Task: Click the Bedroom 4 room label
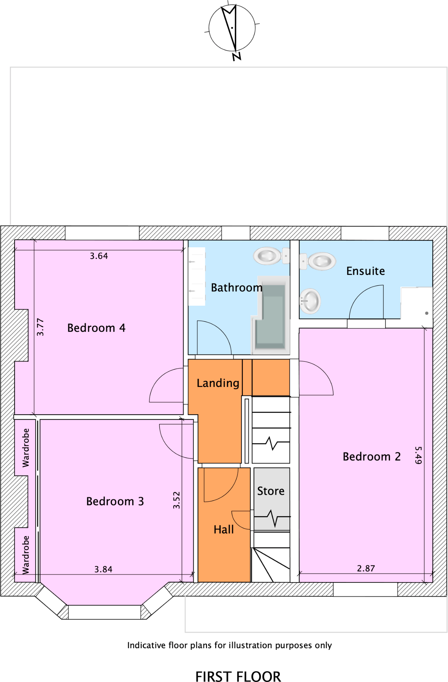(96, 328)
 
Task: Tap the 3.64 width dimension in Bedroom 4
(99, 256)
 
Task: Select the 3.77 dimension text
(40, 327)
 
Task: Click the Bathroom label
(237, 288)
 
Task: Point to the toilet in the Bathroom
(269, 256)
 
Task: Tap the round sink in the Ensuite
(310, 301)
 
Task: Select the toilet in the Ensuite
(319, 261)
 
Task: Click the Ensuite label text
(365, 271)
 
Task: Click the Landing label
(218, 383)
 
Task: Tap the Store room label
(271, 491)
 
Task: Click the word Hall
(224, 529)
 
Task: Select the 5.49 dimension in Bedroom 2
(418, 455)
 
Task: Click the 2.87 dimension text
(366, 568)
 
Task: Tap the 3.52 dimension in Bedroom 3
(176, 500)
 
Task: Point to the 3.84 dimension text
(103, 569)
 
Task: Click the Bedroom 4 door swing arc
(160, 379)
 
